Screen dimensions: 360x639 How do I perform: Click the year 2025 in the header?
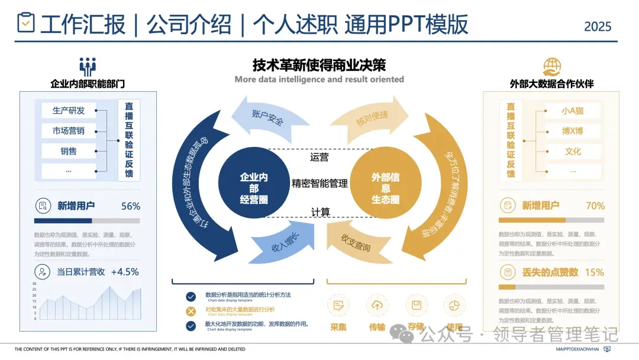[x=598, y=27]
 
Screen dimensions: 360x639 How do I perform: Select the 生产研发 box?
[x=69, y=111]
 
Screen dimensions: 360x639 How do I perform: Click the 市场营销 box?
[x=69, y=131]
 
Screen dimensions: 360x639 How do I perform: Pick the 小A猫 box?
[x=573, y=111]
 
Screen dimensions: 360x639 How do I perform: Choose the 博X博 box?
[x=573, y=131]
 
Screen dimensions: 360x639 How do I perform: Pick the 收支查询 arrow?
[x=357, y=243]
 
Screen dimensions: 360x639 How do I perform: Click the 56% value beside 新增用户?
[x=130, y=206]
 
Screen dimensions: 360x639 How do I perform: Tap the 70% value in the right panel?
[x=595, y=206]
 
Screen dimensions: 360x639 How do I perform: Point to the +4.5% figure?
[x=125, y=272]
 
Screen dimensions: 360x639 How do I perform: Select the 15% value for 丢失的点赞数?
[x=594, y=272]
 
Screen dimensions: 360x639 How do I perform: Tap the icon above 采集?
[x=338, y=306]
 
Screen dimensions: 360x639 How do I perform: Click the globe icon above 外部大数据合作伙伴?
[x=551, y=66]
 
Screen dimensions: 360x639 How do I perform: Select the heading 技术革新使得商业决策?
[x=319, y=65]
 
